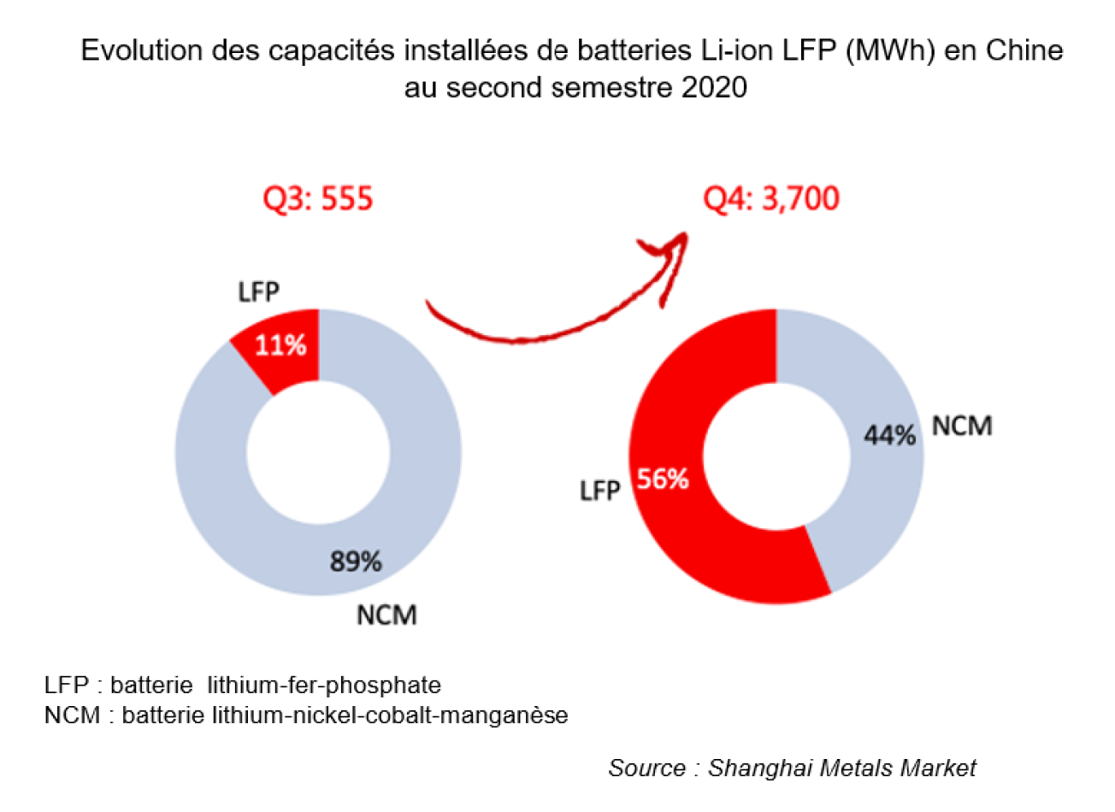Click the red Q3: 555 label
[317, 199]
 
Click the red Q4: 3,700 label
[770, 199]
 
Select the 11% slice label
[280, 345]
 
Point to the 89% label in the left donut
[356, 562]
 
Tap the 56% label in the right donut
[663, 480]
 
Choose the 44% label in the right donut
[889, 435]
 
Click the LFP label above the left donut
[258, 292]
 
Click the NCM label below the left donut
[386, 615]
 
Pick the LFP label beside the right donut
[599, 491]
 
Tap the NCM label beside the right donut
[962, 426]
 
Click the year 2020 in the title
[714, 87]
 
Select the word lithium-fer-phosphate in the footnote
[324, 685]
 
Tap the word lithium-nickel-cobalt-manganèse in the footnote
[390, 715]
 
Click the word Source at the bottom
[646, 768]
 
